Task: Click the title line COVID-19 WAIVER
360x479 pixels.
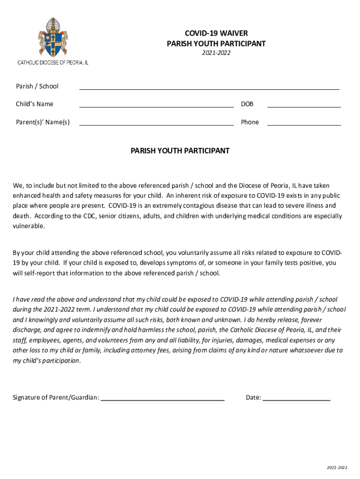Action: [216, 33]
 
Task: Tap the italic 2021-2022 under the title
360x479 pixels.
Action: [216, 53]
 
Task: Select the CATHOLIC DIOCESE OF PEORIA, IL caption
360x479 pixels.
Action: [53, 62]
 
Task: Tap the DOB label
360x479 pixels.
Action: [247, 104]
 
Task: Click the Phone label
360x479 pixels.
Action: [250, 122]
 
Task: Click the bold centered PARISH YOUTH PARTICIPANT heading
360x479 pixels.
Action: [180, 151]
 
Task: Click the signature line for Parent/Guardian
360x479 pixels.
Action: [163, 400]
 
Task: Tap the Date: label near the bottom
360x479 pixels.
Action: [253, 398]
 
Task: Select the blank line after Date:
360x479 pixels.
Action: [297, 400]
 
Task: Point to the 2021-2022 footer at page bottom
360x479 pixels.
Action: [337, 467]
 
